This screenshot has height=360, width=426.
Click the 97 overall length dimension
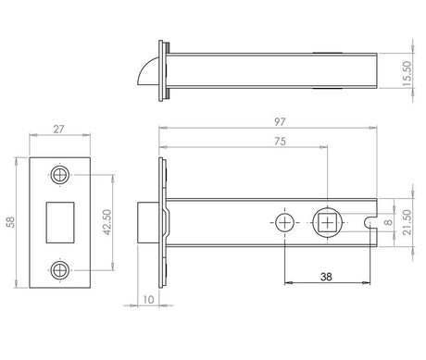280,122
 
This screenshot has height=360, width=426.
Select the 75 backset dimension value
280,142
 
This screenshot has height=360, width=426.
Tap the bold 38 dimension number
326,277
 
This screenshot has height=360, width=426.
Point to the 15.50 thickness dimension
407,74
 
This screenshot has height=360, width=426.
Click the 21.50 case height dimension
407,222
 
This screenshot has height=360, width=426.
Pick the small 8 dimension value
389,222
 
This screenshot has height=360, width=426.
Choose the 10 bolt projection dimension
148,300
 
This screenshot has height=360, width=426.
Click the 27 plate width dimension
58,130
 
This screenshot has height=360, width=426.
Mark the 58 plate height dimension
11,222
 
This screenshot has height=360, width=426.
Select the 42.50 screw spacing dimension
106,222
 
